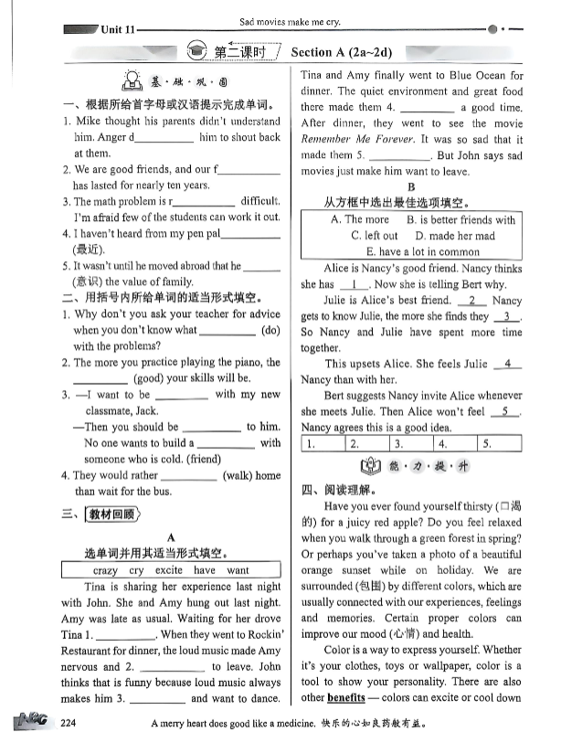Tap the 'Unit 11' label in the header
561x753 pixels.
coord(118,29)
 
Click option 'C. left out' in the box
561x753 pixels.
coord(375,236)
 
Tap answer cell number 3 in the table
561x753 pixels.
coord(413,445)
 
